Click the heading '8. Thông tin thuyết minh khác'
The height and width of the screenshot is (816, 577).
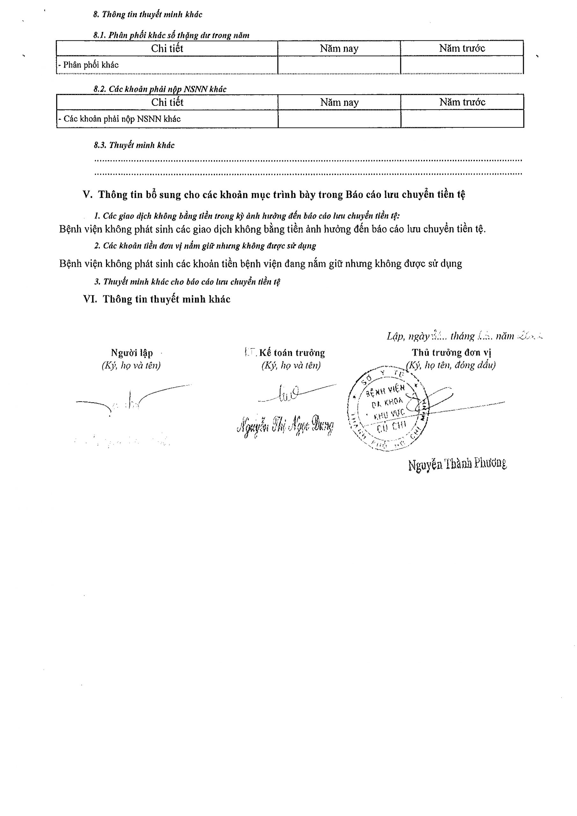point(148,15)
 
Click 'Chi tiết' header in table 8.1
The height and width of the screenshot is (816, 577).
point(167,48)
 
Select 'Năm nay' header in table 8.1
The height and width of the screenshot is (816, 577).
point(339,48)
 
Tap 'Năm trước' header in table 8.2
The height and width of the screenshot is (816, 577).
point(462,102)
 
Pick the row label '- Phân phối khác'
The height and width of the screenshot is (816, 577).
point(89,65)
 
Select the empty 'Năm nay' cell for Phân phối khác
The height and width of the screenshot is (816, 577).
point(339,65)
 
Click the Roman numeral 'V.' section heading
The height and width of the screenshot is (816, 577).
point(88,195)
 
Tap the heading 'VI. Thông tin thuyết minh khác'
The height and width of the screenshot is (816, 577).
point(157,299)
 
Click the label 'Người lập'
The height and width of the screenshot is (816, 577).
point(132,353)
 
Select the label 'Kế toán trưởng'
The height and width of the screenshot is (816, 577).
point(291,353)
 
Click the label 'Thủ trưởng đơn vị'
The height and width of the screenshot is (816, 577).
point(451,353)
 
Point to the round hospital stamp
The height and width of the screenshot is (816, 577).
point(389,409)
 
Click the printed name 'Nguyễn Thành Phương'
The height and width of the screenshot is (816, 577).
point(457,464)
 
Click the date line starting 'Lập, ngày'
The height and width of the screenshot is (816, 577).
point(464,336)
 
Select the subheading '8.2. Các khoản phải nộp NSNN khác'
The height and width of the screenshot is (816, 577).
point(160,89)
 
